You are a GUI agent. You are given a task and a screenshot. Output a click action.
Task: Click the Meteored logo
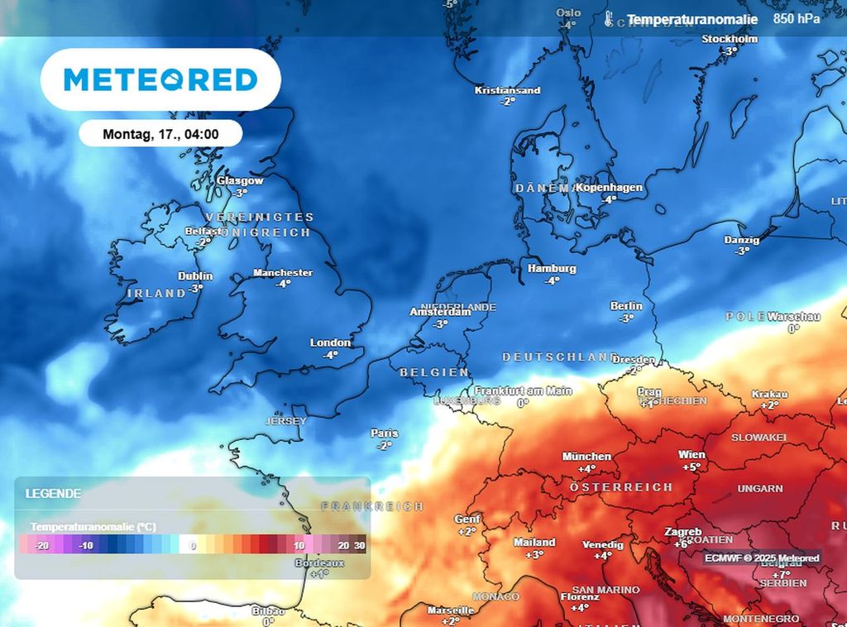pyautogui.click(x=160, y=79)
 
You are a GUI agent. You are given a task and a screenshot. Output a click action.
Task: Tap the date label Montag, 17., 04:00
pyautogui.click(x=160, y=133)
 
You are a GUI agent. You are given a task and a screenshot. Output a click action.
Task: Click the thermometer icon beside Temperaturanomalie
pyautogui.click(x=610, y=20)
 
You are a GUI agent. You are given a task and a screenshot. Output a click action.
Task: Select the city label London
pyautogui.click(x=330, y=342)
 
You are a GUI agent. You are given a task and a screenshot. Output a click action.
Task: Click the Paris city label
pyautogui.click(x=385, y=433)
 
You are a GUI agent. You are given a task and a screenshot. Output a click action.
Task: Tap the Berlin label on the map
pyautogui.click(x=626, y=306)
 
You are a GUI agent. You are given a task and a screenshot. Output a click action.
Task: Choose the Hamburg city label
pyautogui.click(x=552, y=269)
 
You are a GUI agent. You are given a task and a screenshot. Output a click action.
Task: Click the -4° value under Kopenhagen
pyautogui.click(x=610, y=199)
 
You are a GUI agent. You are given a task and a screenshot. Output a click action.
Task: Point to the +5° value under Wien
pyautogui.click(x=691, y=467)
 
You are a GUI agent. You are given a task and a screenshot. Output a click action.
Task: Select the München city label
pyautogui.click(x=586, y=457)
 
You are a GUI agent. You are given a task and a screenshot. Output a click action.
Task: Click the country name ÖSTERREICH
pyautogui.click(x=621, y=487)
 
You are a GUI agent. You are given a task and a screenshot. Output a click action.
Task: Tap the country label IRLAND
pyautogui.click(x=156, y=293)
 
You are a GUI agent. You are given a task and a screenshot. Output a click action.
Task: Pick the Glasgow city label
pyautogui.click(x=240, y=180)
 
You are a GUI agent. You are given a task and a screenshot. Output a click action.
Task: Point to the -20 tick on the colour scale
pyautogui.click(x=42, y=546)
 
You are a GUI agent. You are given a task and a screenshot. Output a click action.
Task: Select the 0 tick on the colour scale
pyautogui.click(x=193, y=546)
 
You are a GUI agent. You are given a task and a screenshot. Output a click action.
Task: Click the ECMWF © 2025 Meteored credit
pyautogui.click(x=762, y=558)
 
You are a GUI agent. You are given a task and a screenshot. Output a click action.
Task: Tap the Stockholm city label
pyautogui.click(x=730, y=39)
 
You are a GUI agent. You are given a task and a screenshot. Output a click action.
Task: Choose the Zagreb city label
pyautogui.click(x=683, y=532)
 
